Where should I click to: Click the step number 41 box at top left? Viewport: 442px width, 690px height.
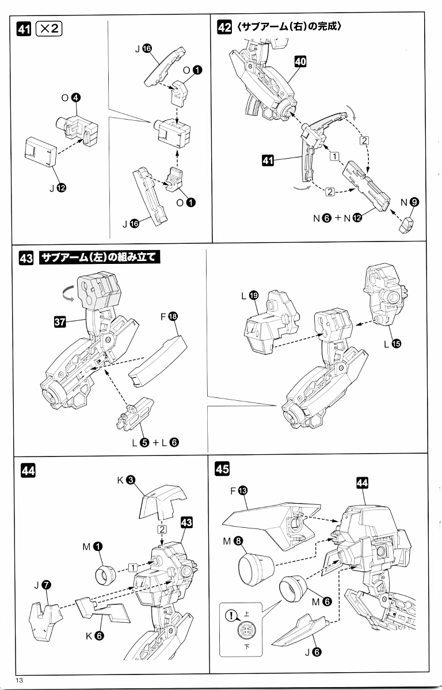point(24,29)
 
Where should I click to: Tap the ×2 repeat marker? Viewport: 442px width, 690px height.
point(48,29)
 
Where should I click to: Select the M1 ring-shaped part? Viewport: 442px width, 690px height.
point(107,572)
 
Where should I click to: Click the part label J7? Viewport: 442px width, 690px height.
point(41,586)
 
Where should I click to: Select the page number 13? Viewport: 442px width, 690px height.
point(21,681)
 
